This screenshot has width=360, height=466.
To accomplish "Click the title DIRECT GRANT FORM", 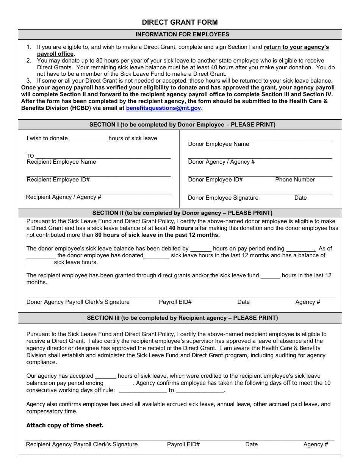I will (180, 22).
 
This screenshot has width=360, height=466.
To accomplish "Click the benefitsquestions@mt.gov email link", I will (163, 108).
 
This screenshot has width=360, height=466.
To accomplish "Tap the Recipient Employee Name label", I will (61, 162).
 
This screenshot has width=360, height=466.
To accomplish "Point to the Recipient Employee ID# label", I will (58, 180).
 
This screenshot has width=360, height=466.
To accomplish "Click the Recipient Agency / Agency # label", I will (64, 197).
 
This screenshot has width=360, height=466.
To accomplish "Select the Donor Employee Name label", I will (218, 144).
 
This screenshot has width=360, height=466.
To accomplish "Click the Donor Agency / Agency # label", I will (221, 162).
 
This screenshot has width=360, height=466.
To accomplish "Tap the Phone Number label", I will (295, 180).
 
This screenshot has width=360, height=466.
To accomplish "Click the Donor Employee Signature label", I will (223, 198).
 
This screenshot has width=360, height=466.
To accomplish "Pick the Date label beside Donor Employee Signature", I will (301, 198).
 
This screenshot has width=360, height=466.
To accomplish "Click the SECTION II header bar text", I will (182, 213).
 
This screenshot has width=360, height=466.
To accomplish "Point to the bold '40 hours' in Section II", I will (181, 228).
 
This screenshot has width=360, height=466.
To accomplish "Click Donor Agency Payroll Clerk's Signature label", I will (78, 302).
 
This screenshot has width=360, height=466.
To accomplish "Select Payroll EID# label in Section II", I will (175, 302).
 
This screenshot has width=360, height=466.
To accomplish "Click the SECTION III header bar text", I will (182, 318).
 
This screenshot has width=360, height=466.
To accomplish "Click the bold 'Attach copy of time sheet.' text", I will (65, 425).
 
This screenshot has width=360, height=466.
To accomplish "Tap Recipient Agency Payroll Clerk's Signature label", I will (82, 444).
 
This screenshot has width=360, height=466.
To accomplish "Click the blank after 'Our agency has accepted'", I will (105, 376).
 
